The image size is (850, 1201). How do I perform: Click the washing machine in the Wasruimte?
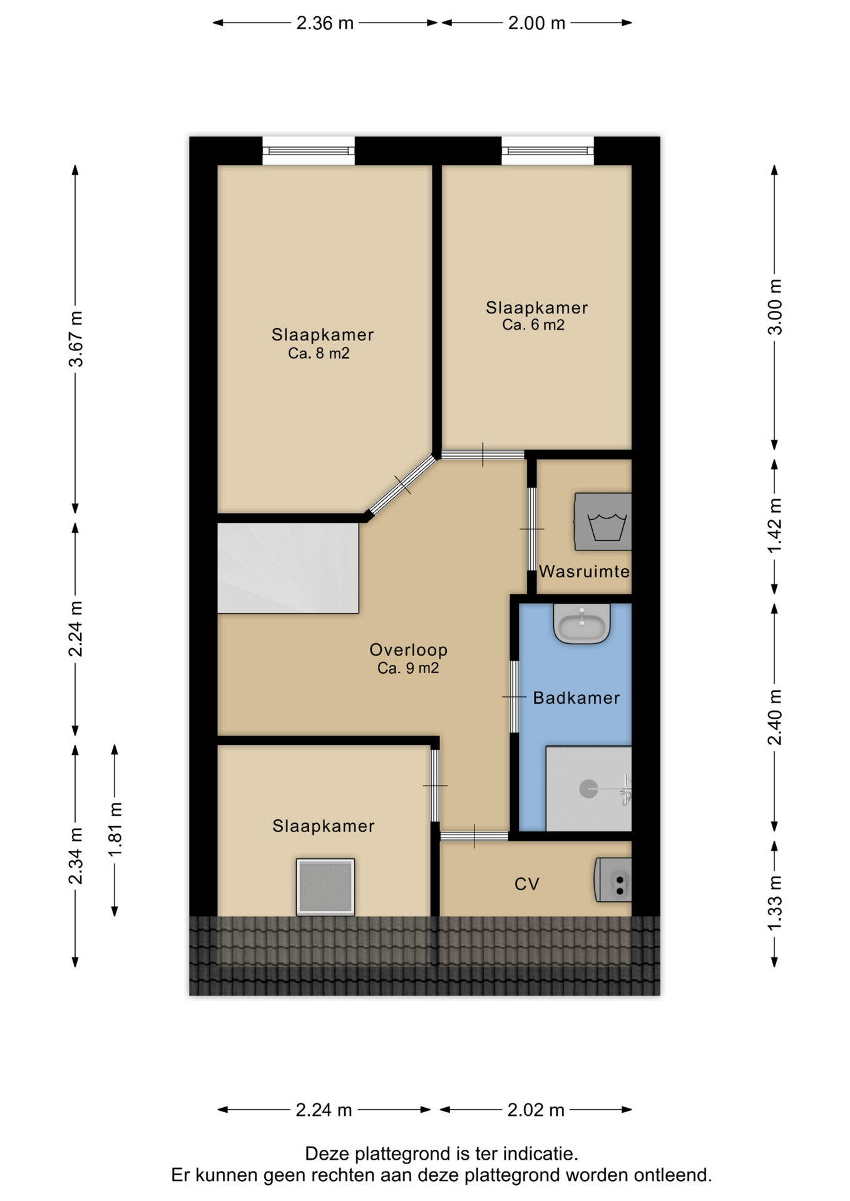click(x=603, y=521)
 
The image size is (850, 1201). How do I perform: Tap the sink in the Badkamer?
click(x=581, y=624)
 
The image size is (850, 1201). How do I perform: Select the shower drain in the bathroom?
click(x=589, y=789)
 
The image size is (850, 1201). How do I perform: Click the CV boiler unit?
click(x=613, y=879)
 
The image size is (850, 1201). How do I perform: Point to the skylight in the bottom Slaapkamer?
click(x=325, y=887)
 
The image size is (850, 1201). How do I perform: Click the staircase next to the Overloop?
click(x=288, y=568)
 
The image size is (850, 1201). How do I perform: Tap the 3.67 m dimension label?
click(x=76, y=338)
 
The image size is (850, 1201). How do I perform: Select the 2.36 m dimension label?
click(x=325, y=23)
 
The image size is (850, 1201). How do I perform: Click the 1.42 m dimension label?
click(x=775, y=526)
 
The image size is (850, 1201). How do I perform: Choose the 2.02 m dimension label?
click(x=536, y=1110)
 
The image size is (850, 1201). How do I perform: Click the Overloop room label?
click(x=408, y=649)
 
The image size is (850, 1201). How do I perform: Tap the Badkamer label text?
click(x=576, y=697)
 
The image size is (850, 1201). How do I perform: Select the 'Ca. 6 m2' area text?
click(x=533, y=325)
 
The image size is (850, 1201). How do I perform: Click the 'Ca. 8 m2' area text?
click(x=319, y=353)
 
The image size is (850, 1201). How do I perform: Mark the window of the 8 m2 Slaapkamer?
click(x=309, y=151)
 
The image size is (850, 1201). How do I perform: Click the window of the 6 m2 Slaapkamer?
click(x=548, y=151)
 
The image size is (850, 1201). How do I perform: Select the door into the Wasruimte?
click(x=531, y=529)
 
